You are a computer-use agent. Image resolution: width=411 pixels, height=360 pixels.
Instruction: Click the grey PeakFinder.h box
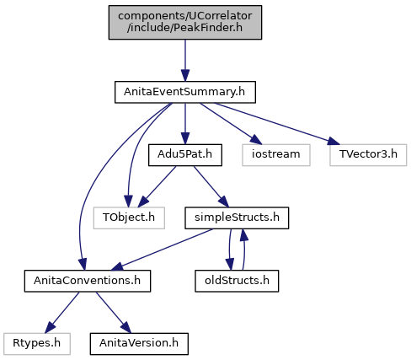pos(185,22)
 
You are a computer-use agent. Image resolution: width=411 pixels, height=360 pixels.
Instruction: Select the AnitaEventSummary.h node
pos(185,92)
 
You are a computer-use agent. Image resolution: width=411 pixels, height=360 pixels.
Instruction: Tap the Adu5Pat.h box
pos(185,155)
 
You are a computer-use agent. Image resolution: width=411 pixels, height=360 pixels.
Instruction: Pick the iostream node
pos(276,155)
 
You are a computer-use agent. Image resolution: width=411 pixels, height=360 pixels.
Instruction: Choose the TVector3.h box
pos(368,155)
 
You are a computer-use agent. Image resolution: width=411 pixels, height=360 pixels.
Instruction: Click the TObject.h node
pos(129,218)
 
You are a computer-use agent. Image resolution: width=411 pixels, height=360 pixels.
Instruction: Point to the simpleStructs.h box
pos(237,218)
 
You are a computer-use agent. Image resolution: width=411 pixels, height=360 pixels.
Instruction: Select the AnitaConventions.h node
pos(88,281)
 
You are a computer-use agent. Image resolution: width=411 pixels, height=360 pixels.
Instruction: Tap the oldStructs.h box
pos(237,281)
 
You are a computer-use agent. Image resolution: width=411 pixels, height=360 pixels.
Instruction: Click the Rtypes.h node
pos(37,344)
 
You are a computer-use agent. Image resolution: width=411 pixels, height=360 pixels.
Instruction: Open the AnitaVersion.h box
pos(139,344)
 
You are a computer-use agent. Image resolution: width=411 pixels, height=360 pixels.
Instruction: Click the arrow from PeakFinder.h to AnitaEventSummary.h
pos(185,61)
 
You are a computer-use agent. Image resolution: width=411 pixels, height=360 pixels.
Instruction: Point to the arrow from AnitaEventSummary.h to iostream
pos(230,124)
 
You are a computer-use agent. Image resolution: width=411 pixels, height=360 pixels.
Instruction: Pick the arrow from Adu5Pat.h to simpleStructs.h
pos(211,186)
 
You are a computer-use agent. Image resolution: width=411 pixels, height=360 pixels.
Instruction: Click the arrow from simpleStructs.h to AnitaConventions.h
pos(162,250)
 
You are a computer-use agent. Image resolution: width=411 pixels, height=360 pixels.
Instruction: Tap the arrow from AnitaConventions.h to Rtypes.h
pos(62,313)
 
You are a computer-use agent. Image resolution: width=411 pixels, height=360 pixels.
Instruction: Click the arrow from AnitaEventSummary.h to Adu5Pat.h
pos(185,124)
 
